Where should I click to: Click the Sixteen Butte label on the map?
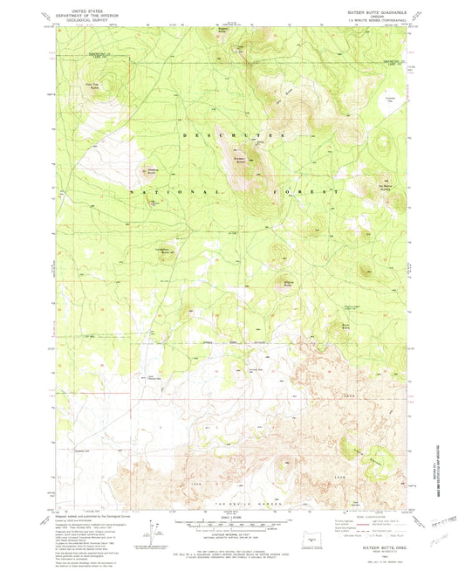tap(240, 159)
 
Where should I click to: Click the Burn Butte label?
tap(345, 325)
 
